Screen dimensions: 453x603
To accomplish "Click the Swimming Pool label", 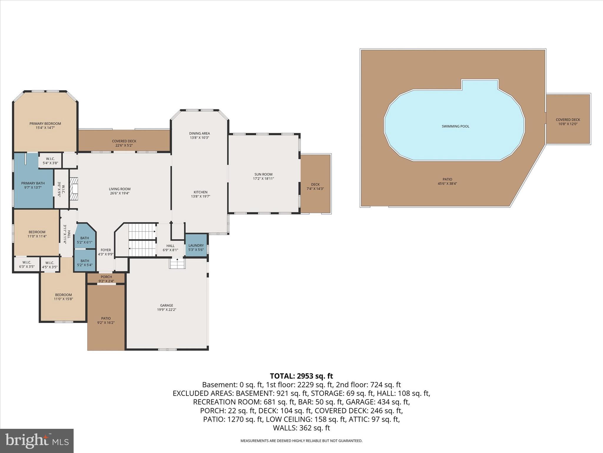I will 455,127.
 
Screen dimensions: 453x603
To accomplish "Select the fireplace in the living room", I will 74,189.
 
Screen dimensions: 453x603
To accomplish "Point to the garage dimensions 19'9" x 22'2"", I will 167,310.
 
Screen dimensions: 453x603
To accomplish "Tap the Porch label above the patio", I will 106,277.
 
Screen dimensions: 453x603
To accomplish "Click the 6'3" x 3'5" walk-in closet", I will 26,265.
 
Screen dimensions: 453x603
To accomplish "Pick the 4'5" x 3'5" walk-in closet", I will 50,265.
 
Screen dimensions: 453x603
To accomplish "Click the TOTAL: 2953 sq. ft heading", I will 301,376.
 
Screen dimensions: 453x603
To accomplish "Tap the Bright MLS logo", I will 37,441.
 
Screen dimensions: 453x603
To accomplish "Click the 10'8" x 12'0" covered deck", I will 568,122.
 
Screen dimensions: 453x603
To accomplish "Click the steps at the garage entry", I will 177,263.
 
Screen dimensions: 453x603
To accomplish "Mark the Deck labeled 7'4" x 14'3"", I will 315,186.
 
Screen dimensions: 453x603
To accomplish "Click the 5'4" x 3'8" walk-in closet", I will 50,161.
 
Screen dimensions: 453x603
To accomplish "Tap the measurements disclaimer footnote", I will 301,441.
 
